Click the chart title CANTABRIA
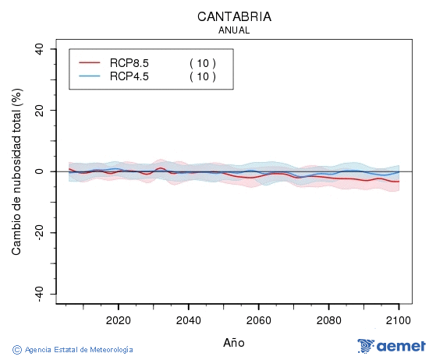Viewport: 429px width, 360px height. point(234,16)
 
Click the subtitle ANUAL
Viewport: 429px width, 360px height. point(234,30)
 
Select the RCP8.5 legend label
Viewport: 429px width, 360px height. point(129,62)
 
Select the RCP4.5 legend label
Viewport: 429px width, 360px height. point(129,76)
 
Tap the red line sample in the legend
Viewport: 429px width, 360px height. point(90,62)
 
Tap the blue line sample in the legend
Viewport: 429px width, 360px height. point(90,76)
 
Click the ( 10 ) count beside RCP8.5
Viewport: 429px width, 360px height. point(203,62)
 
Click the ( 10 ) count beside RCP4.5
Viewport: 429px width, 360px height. point(203,76)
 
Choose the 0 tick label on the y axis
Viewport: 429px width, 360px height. point(39,171)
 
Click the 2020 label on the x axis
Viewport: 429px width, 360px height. point(118,321)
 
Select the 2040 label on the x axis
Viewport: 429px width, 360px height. point(188,321)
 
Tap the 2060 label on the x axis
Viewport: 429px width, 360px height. point(258,321)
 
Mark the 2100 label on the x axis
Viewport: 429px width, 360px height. point(399,321)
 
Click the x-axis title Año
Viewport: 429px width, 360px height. point(234,342)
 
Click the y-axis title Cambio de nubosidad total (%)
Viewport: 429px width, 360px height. point(16,171)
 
